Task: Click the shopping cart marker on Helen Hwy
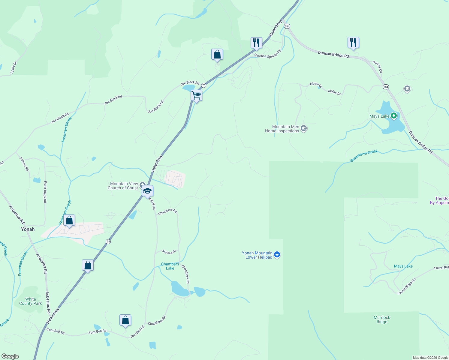[x=196, y=96]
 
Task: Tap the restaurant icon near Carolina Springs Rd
[x=256, y=43]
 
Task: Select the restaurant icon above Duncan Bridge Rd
[x=353, y=43]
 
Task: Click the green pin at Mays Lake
[x=394, y=116]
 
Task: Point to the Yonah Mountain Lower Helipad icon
[x=277, y=255]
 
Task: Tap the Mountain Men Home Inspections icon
[x=304, y=129]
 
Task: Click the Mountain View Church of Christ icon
[x=143, y=185]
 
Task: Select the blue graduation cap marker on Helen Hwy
[x=147, y=191]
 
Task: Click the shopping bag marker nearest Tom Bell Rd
[x=125, y=320]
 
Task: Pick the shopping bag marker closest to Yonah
[x=69, y=220]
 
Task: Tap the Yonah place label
[x=28, y=229]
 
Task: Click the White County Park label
[x=31, y=301]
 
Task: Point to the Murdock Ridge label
[x=382, y=319]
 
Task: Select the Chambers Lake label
[x=170, y=266]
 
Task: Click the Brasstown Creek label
[x=364, y=156]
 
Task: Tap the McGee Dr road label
[x=169, y=252]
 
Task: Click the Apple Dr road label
[x=14, y=67]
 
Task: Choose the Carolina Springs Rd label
[x=268, y=54]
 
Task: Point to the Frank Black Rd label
[x=45, y=192]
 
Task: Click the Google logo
[x=10, y=356]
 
